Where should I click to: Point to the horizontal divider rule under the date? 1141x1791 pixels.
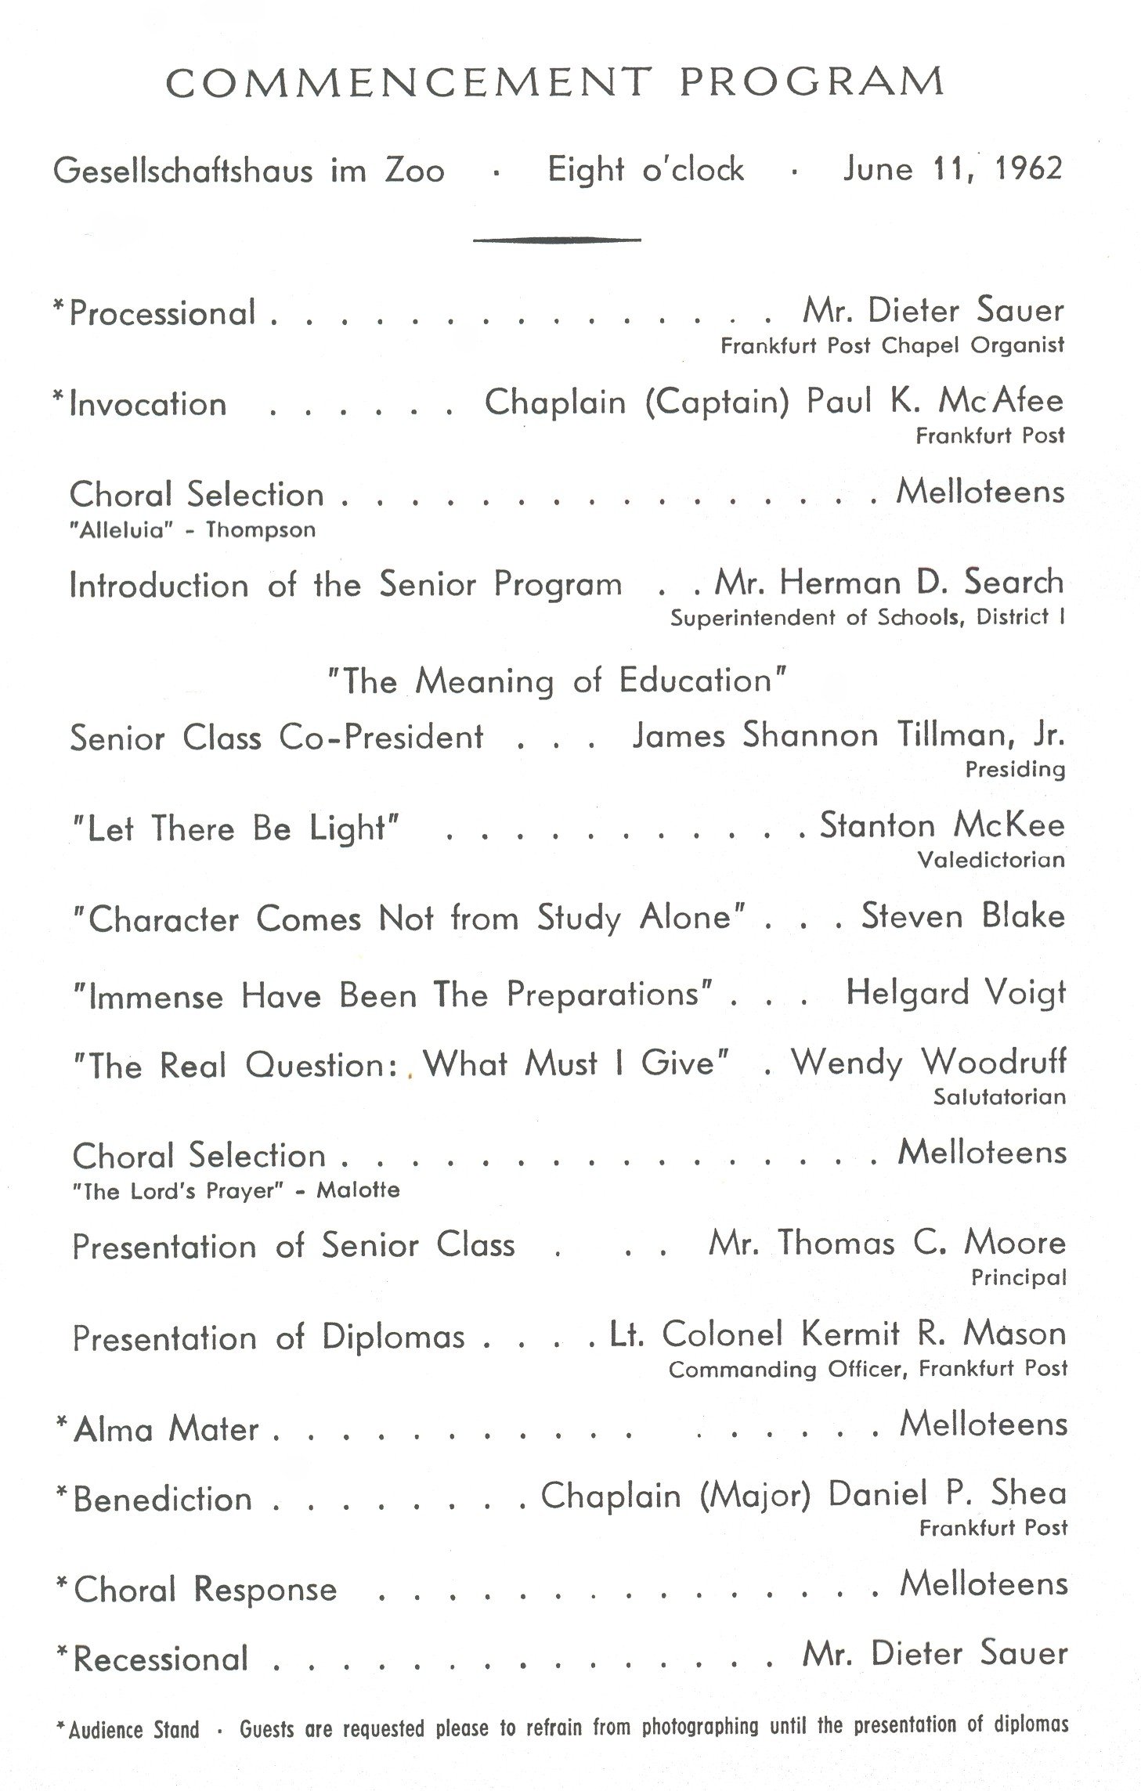pyautogui.click(x=557, y=240)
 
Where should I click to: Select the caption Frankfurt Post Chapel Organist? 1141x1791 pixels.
pyautogui.click(x=892, y=345)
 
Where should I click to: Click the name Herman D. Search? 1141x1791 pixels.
pyautogui.click(x=922, y=583)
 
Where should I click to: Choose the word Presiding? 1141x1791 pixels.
pyautogui.click(x=1015, y=769)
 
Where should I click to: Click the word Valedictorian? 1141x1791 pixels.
pyautogui.click(x=991, y=860)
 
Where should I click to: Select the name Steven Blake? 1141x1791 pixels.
pyautogui.click(x=963, y=916)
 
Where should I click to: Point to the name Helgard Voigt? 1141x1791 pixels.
pyautogui.click(x=955, y=993)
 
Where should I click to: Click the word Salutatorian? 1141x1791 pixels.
pyautogui.click(x=999, y=1096)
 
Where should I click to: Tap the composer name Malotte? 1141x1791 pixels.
pyautogui.click(x=358, y=1190)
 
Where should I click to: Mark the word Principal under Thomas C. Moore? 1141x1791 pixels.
pyautogui.click(x=1019, y=1278)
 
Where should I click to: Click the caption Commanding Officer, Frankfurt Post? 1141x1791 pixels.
pyautogui.click(x=868, y=1369)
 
